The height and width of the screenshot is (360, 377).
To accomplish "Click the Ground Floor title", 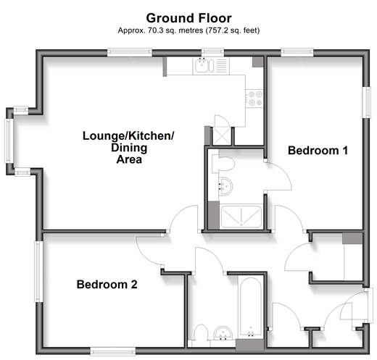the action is pos(188,18).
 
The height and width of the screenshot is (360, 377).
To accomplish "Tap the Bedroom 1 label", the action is pos(318,151).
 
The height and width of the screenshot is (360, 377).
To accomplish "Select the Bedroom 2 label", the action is pos(107,284).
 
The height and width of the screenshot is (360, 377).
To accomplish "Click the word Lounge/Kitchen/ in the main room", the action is pos(128,136).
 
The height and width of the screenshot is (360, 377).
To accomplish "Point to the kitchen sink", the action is pos(204,65).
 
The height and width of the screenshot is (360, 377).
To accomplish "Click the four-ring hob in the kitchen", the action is pos(254,99).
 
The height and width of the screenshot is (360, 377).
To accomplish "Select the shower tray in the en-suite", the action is pos(241,217).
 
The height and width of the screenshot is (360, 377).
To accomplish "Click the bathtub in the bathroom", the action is pos(250,307).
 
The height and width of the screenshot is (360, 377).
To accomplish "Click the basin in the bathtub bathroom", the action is pos(223,333).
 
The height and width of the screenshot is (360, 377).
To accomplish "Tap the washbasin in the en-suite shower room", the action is pos(225,187).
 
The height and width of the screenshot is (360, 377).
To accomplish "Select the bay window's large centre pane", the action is pos(9,141).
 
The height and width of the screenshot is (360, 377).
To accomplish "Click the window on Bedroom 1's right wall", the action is pos(367,102).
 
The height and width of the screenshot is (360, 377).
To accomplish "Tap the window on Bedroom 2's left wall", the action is pos(38,271).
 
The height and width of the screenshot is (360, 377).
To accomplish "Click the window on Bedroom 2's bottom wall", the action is pos(113,351).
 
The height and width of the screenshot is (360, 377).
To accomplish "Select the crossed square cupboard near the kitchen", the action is pos(222,136).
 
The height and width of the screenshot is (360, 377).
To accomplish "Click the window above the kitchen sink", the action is pos(212,52).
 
